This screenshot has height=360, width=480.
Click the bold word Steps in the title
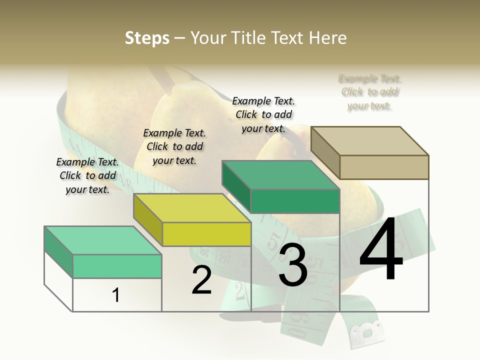pyautogui.click(x=147, y=38)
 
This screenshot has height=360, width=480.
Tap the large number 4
pyautogui.click(x=381, y=249)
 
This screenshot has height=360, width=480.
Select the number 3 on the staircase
pyautogui.click(x=293, y=265)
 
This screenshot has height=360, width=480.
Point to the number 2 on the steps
pyautogui.click(x=202, y=280)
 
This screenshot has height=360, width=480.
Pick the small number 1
pyautogui.click(x=116, y=295)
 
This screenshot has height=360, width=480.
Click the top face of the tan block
pyautogui.click(x=369, y=140)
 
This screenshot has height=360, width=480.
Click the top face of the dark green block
pyautogui.click(x=280, y=175)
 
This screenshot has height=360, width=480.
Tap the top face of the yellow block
pyautogui.click(x=192, y=208)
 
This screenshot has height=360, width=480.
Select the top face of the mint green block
pyautogui.click(x=102, y=240)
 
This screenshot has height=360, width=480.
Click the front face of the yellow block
pyautogui.click(x=207, y=234)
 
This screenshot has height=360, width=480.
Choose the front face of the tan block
pyautogui.click(x=384, y=167)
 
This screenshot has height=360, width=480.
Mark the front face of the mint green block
pyautogui.click(x=117, y=266)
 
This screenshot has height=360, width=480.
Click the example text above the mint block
pyautogui.click(x=87, y=175)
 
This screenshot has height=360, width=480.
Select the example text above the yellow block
pyautogui.click(x=174, y=146)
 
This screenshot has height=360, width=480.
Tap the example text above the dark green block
pyautogui.click(x=263, y=114)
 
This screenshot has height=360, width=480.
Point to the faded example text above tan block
pyautogui.click(x=370, y=92)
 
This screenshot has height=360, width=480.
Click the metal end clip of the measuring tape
pyautogui.click(x=367, y=332)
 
